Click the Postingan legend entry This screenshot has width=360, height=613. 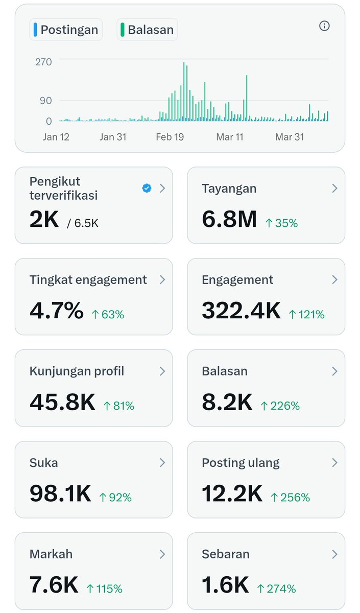point(66,30)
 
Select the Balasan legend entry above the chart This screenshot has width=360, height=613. point(147,30)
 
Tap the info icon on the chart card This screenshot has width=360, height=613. point(324,26)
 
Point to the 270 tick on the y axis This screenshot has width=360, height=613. point(43,62)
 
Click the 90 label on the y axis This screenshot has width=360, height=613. point(46,100)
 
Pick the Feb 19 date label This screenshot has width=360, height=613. point(170,137)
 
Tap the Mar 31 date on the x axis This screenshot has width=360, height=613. point(290,137)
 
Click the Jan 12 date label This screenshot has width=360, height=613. point(56,137)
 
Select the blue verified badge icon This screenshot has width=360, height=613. point(147,188)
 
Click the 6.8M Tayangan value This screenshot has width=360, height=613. point(229,219)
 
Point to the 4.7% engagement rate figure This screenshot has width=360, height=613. point(57,311)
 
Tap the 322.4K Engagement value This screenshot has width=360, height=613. point(241,311)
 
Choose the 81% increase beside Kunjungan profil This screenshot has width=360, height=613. point(119,406)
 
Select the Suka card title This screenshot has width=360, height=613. point(43,463)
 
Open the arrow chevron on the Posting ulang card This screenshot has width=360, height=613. point(334,463)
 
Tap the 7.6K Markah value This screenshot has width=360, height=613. point(54,585)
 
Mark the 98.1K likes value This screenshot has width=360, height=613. point(60,493)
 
